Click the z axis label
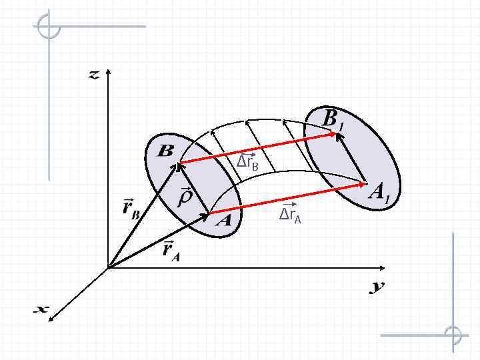[94, 75]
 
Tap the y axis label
[377, 287]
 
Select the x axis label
[42, 309]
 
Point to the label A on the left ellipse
[224, 221]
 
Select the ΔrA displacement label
[290, 215]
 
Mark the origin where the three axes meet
[107, 269]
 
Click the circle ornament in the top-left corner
[49, 27]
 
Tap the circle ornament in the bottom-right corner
[453, 335]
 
